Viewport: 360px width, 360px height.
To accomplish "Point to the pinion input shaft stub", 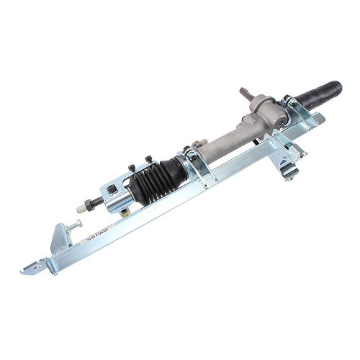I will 246,93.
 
